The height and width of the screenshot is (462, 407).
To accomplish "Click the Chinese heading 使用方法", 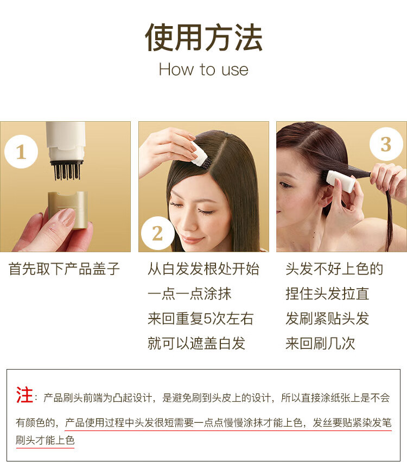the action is [x=203, y=38].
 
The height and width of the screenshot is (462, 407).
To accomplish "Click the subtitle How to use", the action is [x=203, y=70].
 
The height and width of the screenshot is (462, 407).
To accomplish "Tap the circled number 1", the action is [x=21, y=152].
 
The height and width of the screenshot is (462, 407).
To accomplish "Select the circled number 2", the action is [x=157, y=233].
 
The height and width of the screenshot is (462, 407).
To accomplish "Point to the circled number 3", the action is [x=386, y=144].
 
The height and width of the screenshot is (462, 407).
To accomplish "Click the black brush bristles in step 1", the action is [x=67, y=171].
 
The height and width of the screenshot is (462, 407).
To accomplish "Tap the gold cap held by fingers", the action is [x=68, y=209].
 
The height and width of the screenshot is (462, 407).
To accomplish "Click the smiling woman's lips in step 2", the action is [x=191, y=240].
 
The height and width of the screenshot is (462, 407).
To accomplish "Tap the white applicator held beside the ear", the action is [x=340, y=181].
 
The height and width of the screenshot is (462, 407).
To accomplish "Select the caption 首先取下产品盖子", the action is [x=64, y=269].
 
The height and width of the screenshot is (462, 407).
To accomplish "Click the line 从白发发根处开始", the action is [x=203, y=269].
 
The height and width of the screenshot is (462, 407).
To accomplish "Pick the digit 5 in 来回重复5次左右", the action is [x=208, y=319].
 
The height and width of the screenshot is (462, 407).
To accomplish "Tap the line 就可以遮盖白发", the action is [x=196, y=344].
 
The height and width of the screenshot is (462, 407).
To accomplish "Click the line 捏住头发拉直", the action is [x=327, y=294].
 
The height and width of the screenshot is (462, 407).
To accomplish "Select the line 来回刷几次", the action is [x=320, y=344].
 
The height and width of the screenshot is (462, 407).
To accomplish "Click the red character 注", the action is [x=24, y=395].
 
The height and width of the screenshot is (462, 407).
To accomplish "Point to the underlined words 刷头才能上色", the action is [x=45, y=440].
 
